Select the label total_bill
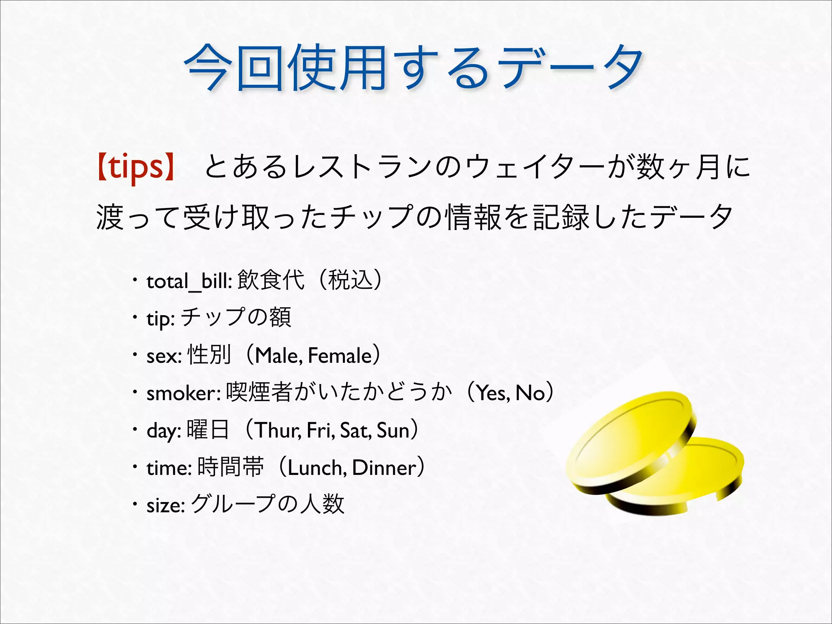[189, 282]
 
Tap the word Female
[340, 356]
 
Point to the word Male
[278, 356]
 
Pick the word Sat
[354, 430]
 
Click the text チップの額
[236, 318]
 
